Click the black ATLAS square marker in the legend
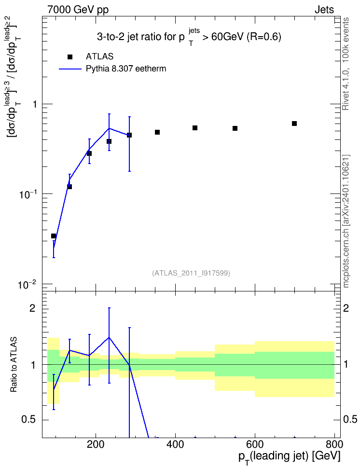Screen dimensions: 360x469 pos(69,57)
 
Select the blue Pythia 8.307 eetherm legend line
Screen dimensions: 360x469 pos(70,69)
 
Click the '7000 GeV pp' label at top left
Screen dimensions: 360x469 pos(78,10)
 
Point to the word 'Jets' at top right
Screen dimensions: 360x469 pos(324,10)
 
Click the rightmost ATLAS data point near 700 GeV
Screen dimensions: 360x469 pos(294,124)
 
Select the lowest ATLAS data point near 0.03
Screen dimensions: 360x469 pos(54,236)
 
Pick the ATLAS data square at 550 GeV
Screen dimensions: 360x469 pos(235,128)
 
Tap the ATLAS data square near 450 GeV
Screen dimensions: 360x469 pos(195,128)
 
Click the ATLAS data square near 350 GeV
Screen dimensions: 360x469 pos(157,132)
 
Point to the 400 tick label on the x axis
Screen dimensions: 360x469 pos(175,444)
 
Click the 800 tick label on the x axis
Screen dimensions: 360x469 pos(334,444)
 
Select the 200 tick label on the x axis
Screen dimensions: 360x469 pos(96,444)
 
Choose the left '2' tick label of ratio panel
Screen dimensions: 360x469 pos(33,308)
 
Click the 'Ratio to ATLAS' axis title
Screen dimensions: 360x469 pos(14,365)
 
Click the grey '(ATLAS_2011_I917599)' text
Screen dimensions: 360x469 pos(191,273)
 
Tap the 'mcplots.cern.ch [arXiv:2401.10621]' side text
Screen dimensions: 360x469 pos(346,221)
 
